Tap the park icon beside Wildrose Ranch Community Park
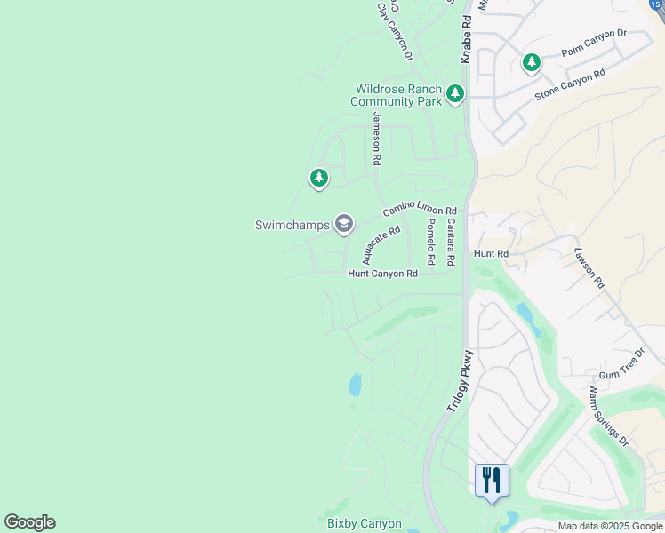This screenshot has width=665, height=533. [x=455, y=93]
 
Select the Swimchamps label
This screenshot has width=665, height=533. [x=293, y=225]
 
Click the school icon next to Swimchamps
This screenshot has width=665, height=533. [x=344, y=224]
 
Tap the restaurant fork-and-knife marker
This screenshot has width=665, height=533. [x=492, y=480]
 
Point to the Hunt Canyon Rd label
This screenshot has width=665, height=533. [x=382, y=274]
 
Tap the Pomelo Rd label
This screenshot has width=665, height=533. [x=430, y=242]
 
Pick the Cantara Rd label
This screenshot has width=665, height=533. [x=451, y=242]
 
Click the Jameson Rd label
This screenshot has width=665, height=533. [x=377, y=139]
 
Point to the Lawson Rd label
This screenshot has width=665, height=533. [x=589, y=268]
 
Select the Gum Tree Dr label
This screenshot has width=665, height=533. [x=621, y=376]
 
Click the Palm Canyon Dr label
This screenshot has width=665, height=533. [x=594, y=44]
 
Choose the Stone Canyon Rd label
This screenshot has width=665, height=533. [x=569, y=84]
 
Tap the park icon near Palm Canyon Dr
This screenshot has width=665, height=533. [x=532, y=63]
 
